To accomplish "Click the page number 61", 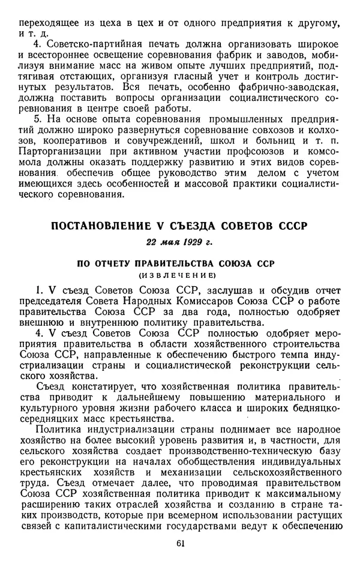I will point(181,544).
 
